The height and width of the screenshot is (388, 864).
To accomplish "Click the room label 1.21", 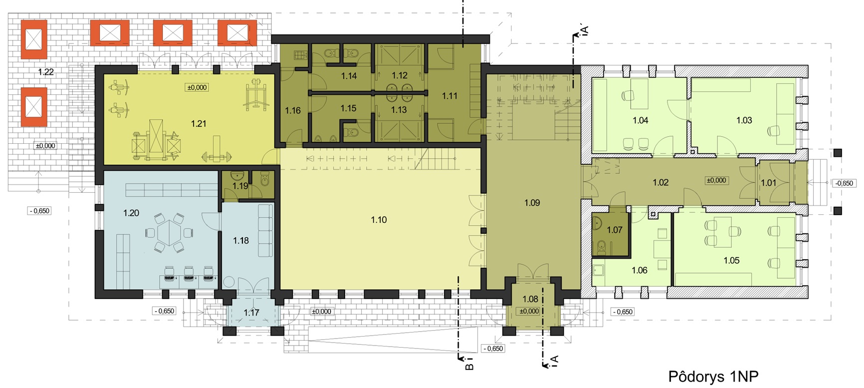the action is (199, 123).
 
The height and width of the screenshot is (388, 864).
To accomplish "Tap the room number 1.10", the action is (379, 220).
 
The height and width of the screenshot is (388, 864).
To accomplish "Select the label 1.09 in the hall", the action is (532, 203).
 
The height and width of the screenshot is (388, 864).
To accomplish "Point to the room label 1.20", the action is (131, 213).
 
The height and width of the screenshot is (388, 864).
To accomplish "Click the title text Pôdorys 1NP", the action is (713, 376).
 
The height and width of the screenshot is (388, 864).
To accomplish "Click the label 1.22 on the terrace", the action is (46, 72).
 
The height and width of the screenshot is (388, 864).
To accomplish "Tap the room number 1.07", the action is (615, 230).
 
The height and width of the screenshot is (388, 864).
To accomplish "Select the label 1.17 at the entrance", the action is (251, 313).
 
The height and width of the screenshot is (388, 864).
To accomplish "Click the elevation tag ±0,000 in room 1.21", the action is (197, 87).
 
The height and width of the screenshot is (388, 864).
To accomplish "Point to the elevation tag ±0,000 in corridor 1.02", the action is (716, 180).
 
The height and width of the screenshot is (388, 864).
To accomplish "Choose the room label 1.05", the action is (731, 260).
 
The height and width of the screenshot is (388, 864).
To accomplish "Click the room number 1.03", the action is (744, 120).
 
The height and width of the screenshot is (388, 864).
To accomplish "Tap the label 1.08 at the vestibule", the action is (530, 299).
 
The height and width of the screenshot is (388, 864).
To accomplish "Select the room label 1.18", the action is (241, 241).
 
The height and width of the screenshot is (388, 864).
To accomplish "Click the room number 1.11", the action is (449, 96).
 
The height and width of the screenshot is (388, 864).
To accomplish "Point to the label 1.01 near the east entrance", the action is (769, 183).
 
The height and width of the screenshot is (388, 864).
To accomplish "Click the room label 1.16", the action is (293, 110).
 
